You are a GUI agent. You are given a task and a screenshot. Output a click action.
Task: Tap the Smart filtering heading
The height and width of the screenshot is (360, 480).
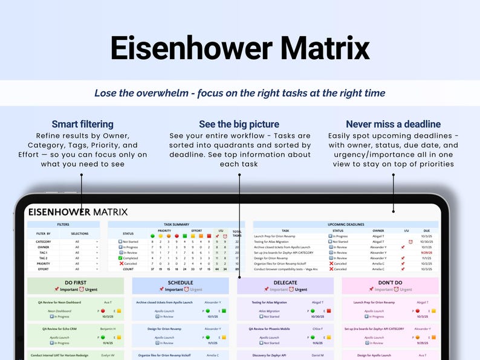tap(82, 124)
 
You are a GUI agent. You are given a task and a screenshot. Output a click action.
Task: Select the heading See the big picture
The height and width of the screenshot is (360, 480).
tap(239, 124)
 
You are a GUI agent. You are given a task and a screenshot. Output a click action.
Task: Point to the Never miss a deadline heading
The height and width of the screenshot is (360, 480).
tap(393, 124)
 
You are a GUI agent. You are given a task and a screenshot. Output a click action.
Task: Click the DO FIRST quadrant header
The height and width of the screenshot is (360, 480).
tap(76, 283)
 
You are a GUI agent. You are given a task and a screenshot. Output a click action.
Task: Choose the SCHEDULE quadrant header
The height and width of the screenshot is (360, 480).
tap(180, 283)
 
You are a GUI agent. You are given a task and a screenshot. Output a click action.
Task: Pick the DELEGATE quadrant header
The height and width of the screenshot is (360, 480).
tap(285, 283)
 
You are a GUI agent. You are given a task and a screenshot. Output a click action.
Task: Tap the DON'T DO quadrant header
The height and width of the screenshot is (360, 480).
tap(390, 283)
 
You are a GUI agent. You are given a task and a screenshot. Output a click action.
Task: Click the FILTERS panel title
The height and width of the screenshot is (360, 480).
tap(63, 224)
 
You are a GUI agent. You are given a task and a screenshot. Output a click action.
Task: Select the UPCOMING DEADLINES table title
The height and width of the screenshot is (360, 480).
tap(345, 224)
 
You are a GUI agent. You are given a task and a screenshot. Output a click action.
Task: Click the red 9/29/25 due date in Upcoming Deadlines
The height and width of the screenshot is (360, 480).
tap(426, 252)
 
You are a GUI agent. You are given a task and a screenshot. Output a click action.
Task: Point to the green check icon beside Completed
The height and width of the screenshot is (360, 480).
tap(121, 258)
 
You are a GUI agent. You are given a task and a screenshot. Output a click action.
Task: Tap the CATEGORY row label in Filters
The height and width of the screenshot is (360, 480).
tap(43, 242)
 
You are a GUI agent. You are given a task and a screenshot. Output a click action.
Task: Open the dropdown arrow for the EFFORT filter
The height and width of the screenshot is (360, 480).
tap(97, 269)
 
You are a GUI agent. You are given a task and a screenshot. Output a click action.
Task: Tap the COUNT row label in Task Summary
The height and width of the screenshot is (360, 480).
tap(128, 269)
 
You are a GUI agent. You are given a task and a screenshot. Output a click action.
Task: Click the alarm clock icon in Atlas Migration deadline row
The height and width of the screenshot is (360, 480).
tap(410, 242)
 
